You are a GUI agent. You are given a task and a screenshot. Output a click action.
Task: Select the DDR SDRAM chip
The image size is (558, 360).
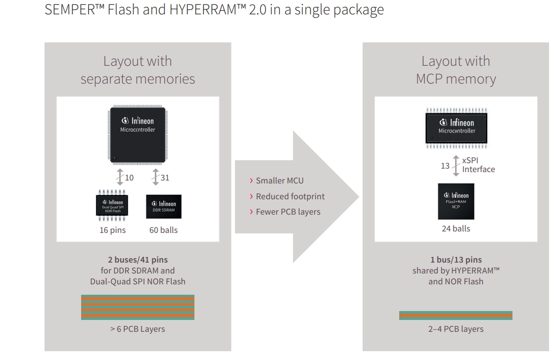point(164,207)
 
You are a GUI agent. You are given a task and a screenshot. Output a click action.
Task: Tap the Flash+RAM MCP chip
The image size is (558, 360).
point(456,201)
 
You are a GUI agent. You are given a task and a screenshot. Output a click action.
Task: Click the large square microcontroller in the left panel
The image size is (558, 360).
point(138,135)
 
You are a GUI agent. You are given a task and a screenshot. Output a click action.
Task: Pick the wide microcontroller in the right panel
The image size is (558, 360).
point(456,128)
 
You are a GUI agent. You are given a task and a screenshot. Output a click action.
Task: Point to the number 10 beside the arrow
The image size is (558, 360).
point(129,178)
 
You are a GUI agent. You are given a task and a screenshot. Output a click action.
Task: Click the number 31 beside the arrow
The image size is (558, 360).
point(165,178)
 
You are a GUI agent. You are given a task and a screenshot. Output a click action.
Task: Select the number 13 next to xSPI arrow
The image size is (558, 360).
point(445,166)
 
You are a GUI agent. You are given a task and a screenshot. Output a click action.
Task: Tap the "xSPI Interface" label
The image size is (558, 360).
point(478,165)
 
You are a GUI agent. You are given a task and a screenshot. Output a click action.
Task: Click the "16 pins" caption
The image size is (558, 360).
point(113,230)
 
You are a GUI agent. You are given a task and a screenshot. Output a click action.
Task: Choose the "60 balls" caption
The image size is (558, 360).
point(163,230)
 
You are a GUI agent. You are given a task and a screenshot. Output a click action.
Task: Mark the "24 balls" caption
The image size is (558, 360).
point(456,228)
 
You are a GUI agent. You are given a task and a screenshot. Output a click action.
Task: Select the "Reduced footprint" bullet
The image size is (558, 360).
point(290,196)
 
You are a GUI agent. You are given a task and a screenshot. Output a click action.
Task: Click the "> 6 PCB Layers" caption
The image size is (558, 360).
point(138,329)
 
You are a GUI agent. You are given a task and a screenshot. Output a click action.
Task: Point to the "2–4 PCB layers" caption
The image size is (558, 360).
point(456,329)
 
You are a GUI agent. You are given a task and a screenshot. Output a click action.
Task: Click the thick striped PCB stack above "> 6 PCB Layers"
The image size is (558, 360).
point(138,307)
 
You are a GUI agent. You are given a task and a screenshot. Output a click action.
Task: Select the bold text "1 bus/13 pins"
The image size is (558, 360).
point(456,260)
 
